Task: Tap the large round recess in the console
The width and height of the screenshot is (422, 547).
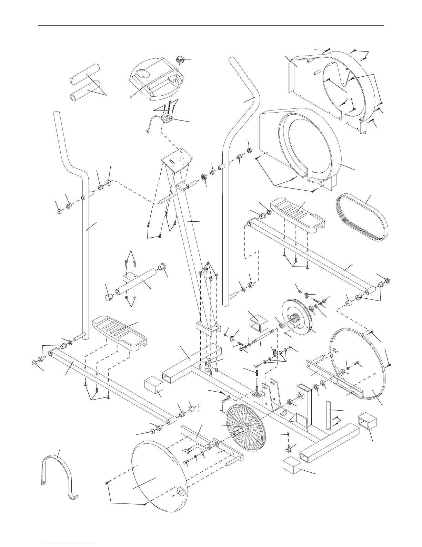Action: coord(142,74)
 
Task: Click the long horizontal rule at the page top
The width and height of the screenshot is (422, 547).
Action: coord(211,25)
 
